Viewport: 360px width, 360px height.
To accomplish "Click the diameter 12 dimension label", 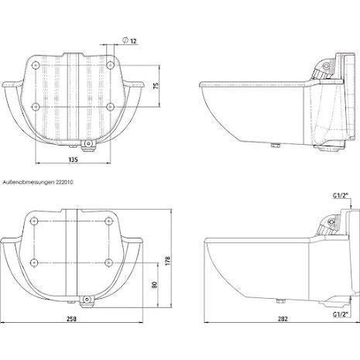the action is tap(130, 41).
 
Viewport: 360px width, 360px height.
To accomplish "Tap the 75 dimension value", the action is tap(156, 86).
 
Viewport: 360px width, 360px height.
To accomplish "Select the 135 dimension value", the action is tap(73, 159).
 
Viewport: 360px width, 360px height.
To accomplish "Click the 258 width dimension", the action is tap(71, 319).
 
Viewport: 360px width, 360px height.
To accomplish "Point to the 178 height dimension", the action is tap(168, 261).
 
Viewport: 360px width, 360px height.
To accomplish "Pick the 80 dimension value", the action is tap(154, 285).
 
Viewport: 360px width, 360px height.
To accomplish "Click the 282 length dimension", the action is tap(283, 319).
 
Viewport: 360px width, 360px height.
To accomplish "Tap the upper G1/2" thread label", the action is tap(341, 196).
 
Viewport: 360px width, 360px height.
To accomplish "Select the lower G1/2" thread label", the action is tap(341, 314).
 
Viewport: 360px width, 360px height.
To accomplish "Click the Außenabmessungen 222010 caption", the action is tap(38, 182).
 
